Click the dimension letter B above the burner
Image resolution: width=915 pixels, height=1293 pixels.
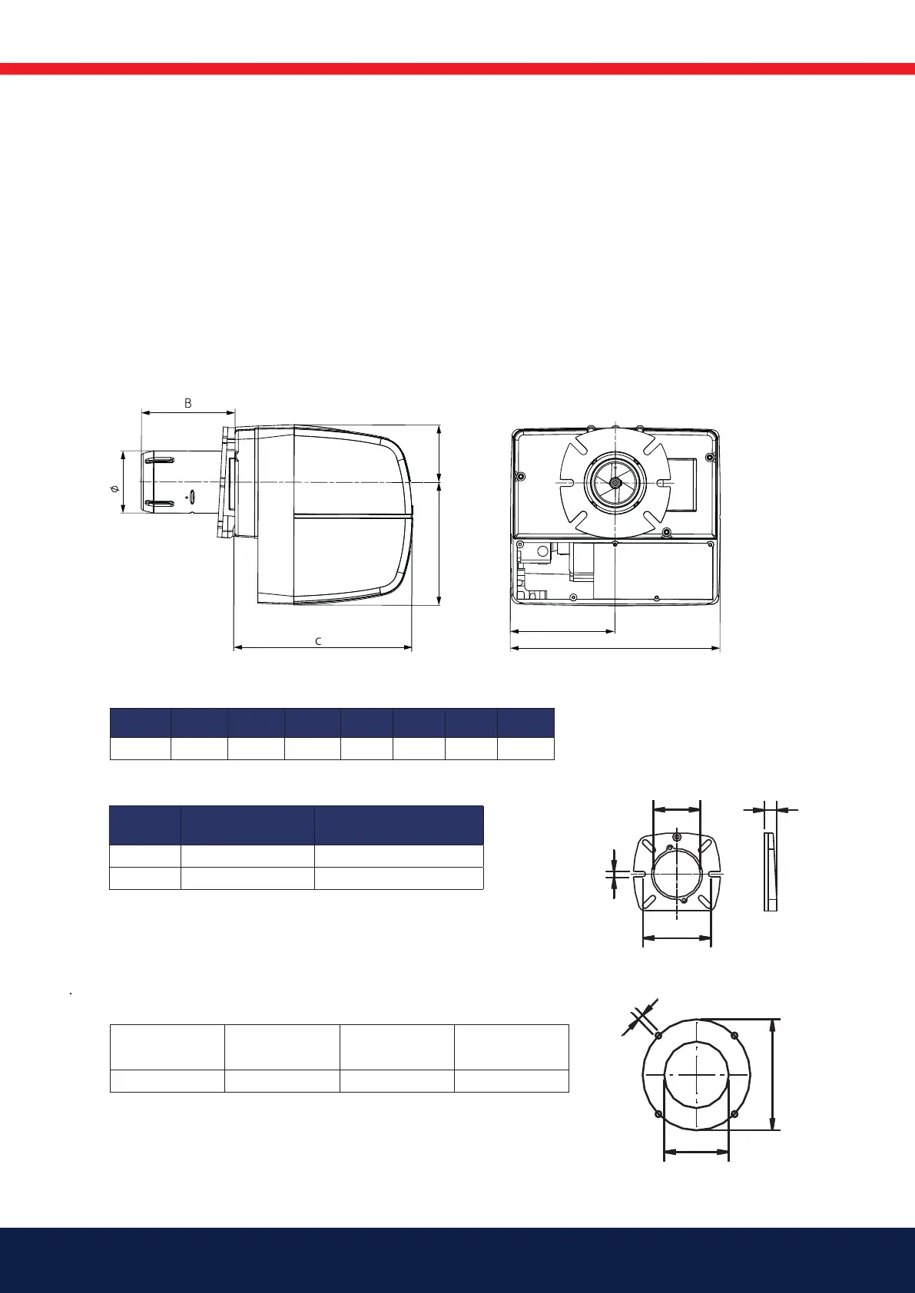tap(187, 403)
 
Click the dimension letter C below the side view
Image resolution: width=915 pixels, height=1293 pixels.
tap(318, 640)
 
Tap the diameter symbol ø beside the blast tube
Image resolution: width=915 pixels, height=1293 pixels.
tap(114, 489)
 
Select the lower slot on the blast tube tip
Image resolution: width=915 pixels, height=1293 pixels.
tap(160, 504)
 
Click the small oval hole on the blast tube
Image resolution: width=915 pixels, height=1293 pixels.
tap(193, 496)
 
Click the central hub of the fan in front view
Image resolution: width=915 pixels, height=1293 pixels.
tap(615, 481)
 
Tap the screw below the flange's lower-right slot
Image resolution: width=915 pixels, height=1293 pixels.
tap(666, 531)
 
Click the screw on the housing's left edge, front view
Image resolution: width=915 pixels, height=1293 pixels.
tap(522, 477)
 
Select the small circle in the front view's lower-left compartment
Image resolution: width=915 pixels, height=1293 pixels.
tap(543, 551)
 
